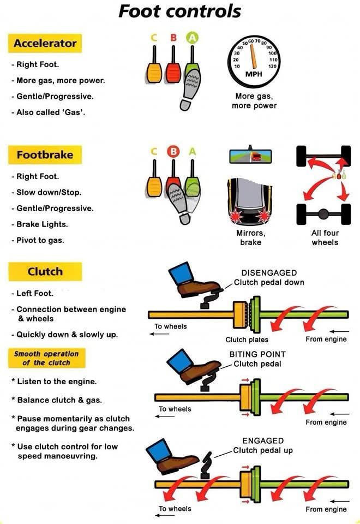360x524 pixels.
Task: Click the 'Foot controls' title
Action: pyautogui.click(x=179, y=11)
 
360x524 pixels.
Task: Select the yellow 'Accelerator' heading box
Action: pyautogui.click(x=45, y=44)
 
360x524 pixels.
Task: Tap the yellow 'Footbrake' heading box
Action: pyautogui.click(x=45, y=155)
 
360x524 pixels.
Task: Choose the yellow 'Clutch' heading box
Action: pyautogui.click(x=45, y=271)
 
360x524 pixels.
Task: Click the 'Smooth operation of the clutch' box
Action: pyautogui.click(x=46, y=358)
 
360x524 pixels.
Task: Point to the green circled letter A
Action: pyautogui.click(x=193, y=37)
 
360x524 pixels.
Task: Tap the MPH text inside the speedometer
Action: pyautogui.click(x=254, y=74)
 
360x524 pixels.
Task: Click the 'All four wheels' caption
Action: pyautogui.click(x=325, y=237)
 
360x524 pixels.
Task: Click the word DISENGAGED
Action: pyautogui.click(x=268, y=273)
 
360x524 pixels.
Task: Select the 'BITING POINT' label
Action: pyautogui.click(x=257, y=354)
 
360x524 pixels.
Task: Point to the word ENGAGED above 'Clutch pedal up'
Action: pyautogui.click(x=263, y=440)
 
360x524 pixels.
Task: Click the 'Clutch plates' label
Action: pyautogui.click(x=247, y=340)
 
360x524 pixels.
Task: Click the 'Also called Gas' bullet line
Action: pyautogui.click(x=45, y=112)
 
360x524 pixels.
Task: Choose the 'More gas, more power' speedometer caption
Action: pyautogui.click(x=254, y=100)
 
